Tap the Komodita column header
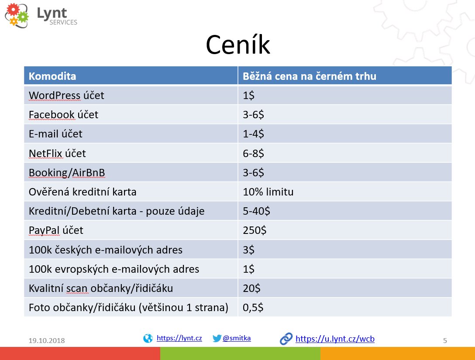point(52,76)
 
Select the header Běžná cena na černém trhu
point(310,76)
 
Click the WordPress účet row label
point(66,95)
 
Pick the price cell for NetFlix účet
point(254,154)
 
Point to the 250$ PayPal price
point(255,230)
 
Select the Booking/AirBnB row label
point(67,173)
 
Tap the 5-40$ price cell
point(256,211)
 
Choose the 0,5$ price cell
point(253,307)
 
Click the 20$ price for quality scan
point(251,288)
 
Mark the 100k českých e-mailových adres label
point(105,250)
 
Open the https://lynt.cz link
point(179,338)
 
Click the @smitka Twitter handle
point(237,338)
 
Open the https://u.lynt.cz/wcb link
point(335,339)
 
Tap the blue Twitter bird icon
point(217,338)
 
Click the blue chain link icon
point(286,339)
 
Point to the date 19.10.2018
point(47,340)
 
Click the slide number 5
point(445,340)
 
